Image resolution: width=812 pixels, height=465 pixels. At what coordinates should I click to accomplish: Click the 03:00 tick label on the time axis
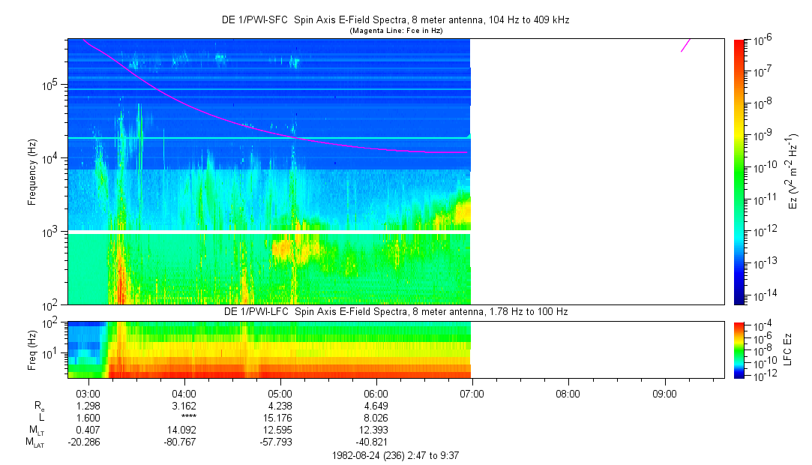point(88,393)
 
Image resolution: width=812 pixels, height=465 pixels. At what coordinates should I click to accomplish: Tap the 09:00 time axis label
point(664,393)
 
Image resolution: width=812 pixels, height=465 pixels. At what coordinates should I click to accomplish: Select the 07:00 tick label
point(472,393)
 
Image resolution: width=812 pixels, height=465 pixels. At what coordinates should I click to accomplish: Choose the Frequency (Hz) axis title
point(32,172)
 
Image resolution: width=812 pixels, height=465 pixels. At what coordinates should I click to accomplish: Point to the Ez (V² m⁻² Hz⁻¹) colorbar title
point(793,172)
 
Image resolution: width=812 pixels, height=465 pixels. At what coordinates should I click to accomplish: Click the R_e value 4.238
point(280,406)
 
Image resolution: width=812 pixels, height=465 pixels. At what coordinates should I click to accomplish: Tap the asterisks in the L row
point(184,418)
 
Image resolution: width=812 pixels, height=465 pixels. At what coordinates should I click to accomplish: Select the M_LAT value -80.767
point(184,442)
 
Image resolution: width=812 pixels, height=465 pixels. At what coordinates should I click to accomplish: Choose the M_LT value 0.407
point(88,430)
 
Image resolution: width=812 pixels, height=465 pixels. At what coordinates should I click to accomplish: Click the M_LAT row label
point(35,442)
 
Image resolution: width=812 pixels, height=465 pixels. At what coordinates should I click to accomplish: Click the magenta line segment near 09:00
point(686,45)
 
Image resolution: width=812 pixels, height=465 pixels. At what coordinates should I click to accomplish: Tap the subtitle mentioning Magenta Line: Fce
point(397,30)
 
